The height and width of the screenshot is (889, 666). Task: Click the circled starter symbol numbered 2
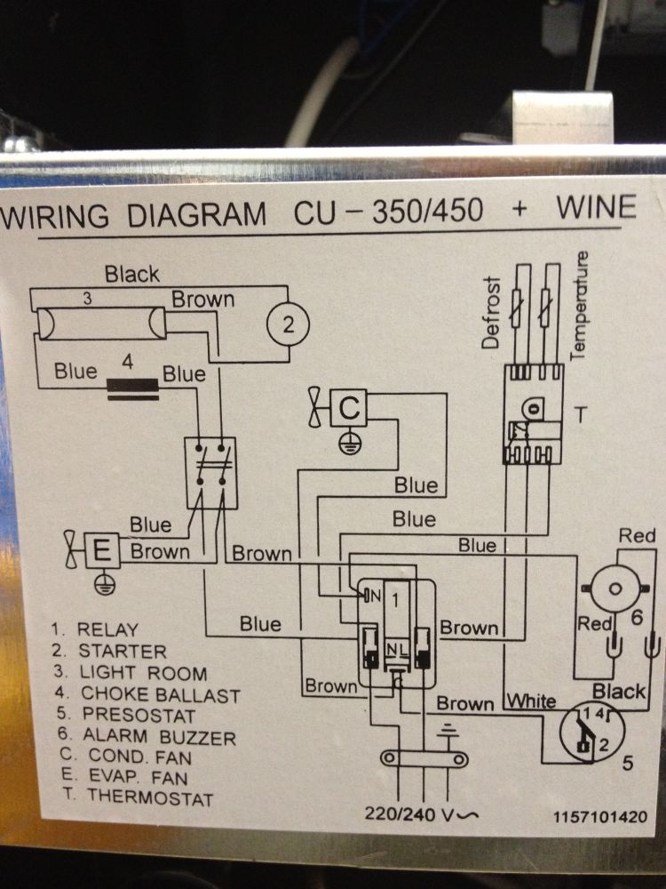coord(289,325)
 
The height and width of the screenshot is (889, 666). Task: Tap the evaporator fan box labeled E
coord(102,550)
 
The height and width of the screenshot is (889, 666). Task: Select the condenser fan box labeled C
coord(349,408)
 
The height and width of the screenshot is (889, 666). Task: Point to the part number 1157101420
coord(600,816)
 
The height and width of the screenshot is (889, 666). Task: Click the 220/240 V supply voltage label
coord(421,814)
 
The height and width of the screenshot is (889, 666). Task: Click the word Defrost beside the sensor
coord(490,312)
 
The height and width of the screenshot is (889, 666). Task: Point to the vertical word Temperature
coord(578,306)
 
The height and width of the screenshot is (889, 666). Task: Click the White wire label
coord(531,701)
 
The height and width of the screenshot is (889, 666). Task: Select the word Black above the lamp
coord(132,275)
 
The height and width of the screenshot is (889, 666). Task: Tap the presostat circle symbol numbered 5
coord(591,732)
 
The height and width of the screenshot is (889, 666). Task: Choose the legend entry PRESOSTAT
coord(139,715)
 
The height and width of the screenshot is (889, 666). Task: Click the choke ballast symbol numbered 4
coord(133,390)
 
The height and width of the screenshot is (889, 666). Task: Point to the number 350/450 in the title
coord(428,211)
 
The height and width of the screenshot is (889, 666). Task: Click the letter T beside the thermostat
coord(581,415)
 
